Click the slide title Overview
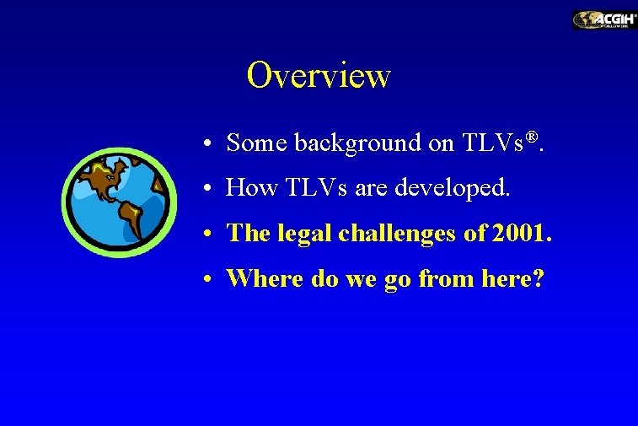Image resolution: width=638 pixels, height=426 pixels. [319, 75]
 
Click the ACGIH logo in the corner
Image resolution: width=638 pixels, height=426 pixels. [604, 19]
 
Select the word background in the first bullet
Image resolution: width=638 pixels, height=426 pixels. [357, 143]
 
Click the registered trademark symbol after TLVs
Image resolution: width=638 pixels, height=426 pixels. [533, 137]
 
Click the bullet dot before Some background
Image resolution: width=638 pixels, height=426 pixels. [206, 144]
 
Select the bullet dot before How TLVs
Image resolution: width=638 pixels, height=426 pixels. [206, 189]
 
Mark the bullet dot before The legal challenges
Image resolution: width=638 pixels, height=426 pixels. [206, 234]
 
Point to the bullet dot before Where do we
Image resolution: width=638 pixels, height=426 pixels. [206, 278]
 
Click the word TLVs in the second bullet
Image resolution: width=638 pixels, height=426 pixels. [309, 188]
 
